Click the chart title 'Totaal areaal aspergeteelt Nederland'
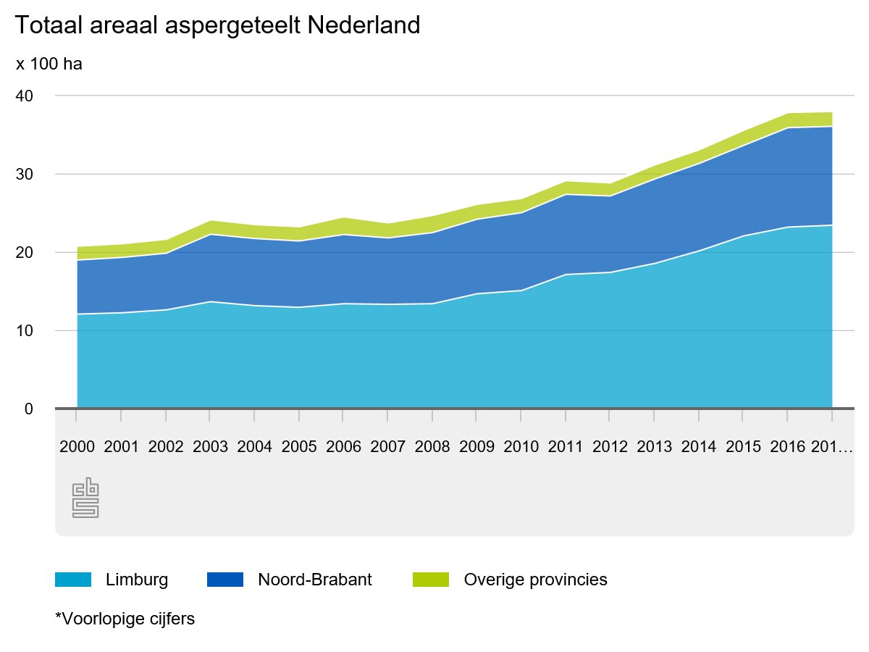click(x=217, y=26)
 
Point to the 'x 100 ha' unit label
click(x=49, y=64)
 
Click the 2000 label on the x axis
click(x=77, y=446)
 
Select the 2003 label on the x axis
click(x=210, y=446)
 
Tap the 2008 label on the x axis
click(x=432, y=446)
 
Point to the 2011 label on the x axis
click(x=566, y=446)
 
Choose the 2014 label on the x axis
click(x=699, y=446)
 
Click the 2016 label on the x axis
click(x=788, y=446)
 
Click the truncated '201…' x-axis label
click(x=831, y=446)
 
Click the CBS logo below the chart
click(x=85, y=498)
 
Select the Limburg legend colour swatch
click(x=73, y=580)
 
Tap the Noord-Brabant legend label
click(x=315, y=580)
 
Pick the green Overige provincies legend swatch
click(x=431, y=580)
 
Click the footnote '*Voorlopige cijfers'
click(x=125, y=619)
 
